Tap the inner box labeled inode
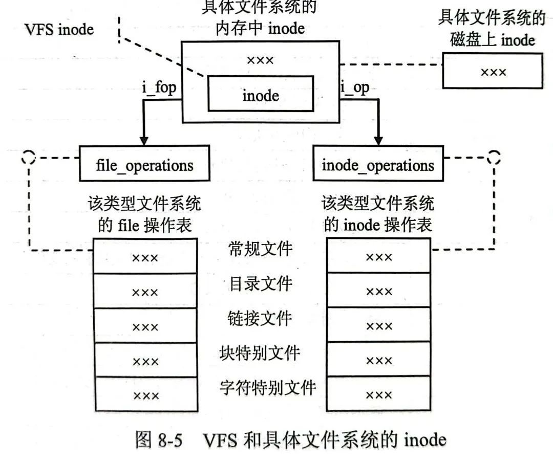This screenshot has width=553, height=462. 260,94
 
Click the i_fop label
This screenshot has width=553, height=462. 159,87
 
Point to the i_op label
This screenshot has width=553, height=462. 355,87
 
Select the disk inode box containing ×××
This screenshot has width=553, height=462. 493,71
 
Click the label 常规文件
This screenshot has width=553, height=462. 260,249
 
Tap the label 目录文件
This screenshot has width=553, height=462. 260,283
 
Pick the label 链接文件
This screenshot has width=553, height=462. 260,318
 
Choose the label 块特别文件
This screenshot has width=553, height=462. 260,353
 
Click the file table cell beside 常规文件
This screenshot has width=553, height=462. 145,256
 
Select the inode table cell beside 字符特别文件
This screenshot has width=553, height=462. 378,394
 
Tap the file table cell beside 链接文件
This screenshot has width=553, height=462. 145,325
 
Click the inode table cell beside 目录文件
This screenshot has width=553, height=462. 378,290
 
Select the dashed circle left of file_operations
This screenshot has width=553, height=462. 29,157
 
